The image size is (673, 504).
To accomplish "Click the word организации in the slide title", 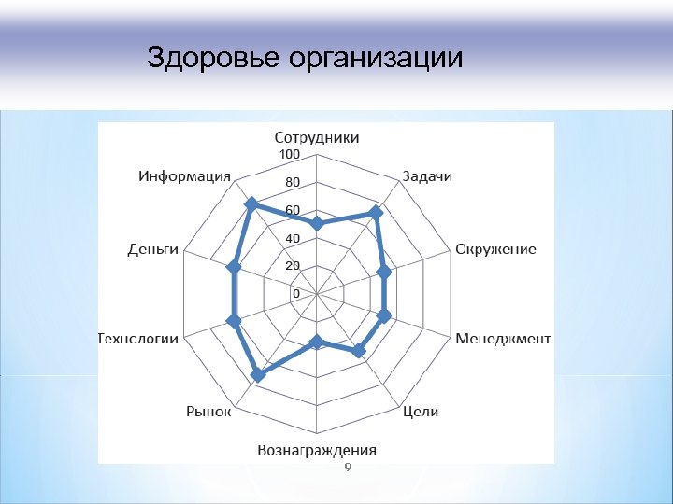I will pyautogui.click(x=376, y=59).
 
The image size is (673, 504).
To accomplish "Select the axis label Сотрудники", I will pyautogui.click(x=316, y=138).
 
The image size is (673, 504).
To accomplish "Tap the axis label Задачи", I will pyautogui.click(x=427, y=176).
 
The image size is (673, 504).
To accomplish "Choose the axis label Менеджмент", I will pyautogui.click(x=503, y=339).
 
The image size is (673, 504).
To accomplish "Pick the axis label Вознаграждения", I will pyautogui.click(x=317, y=450).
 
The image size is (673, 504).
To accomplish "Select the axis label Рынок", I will pyautogui.click(x=208, y=411).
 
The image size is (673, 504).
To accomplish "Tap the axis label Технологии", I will pyautogui.click(x=138, y=339).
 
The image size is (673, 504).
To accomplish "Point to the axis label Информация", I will pyautogui.click(x=185, y=176).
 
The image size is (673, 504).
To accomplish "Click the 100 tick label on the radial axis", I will pyautogui.click(x=290, y=154).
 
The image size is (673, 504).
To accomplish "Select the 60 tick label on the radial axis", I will pyautogui.click(x=293, y=210).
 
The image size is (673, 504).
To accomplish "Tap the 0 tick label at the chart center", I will pyautogui.click(x=296, y=294).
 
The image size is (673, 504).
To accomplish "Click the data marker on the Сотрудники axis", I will pyautogui.click(x=317, y=224).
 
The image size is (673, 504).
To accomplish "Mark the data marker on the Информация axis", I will pyautogui.click(x=250, y=203).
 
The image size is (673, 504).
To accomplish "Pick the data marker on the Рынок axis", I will pyautogui.click(x=257, y=375).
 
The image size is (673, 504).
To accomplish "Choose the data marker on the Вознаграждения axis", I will pyautogui.click(x=317, y=342).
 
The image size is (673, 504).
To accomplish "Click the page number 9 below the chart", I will pyautogui.click(x=348, y=468).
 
